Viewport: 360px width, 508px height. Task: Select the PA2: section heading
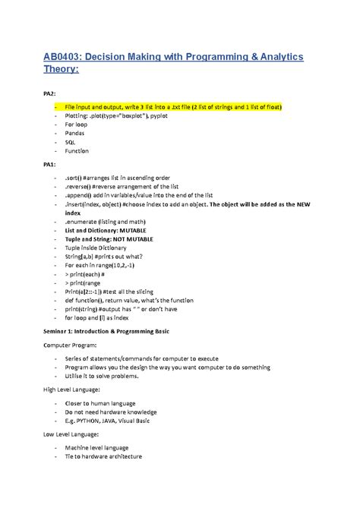tap(49, 93)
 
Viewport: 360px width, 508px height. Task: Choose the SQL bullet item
tap(71, 141)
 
